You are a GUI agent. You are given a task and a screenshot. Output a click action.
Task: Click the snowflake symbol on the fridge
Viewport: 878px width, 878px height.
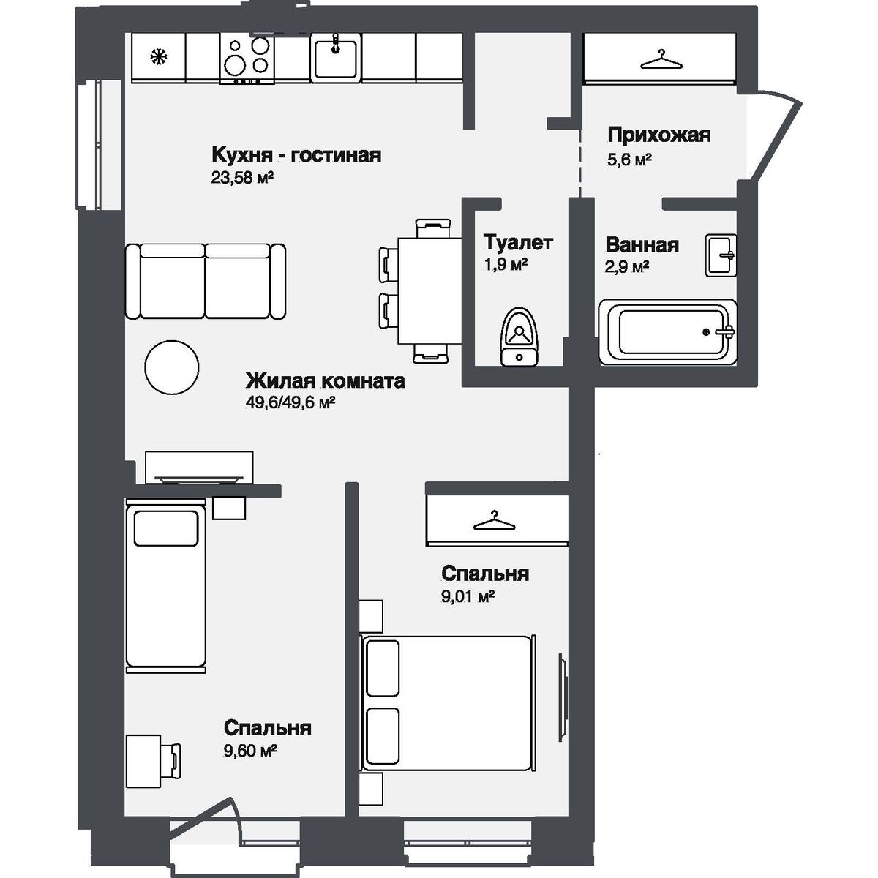157,57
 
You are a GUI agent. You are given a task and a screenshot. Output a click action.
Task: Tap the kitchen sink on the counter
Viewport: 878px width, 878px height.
336,58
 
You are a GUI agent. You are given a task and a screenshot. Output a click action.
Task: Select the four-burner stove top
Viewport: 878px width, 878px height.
247,58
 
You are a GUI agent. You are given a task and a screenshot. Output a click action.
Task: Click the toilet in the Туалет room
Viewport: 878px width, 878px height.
519,338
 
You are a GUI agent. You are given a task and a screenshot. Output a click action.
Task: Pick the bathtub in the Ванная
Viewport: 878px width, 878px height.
668,331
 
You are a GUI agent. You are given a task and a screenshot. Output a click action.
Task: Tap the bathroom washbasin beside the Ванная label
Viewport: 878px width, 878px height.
721,255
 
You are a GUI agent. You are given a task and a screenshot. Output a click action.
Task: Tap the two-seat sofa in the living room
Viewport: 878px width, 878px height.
205,281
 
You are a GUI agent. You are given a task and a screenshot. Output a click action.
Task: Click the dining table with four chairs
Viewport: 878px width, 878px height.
429,290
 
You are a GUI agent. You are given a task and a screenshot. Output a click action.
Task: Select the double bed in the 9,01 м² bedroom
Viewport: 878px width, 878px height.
449,702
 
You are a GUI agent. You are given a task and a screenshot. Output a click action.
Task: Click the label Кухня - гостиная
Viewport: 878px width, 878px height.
296,155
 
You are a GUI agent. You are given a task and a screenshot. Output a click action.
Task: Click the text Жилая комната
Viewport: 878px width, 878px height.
325,381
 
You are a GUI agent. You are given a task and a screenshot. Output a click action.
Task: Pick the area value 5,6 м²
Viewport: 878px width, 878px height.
629,159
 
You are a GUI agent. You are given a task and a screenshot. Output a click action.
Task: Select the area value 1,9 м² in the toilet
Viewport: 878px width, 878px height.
506,264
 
